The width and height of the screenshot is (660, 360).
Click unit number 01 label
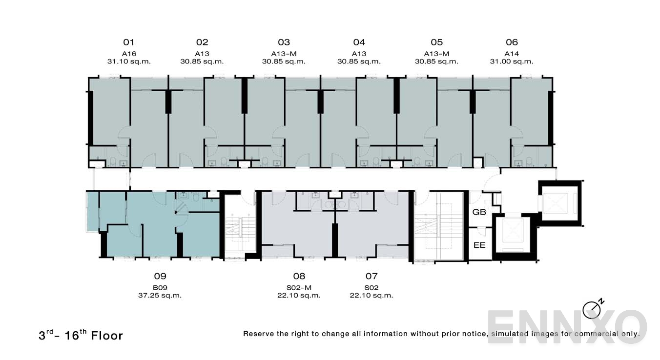click(x=129, y=42)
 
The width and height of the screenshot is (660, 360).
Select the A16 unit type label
click(x=129, y=54)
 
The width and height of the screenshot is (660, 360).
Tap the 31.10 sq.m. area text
click(x=129, y=61)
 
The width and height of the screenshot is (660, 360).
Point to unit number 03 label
click(x=284, y=42)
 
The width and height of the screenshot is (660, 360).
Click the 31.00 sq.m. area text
click(x=512, y=61)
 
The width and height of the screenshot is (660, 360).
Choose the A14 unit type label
click(x=512, y=54)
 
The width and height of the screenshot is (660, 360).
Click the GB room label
click(x=479, y=212)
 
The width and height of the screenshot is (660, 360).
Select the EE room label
click(x=479, y=245)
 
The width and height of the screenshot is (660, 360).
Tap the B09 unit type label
click(x=160, y=288)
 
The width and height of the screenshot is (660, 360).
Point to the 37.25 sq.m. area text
click(x=160, y=295)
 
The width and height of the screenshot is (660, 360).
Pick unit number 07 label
click(x=371, y=276)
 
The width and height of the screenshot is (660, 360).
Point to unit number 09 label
click(x=160, y=276)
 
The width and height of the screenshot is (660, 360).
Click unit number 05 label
click(x=436, y=42)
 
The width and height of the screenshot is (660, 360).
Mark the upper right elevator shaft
click(x=560, y=202)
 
